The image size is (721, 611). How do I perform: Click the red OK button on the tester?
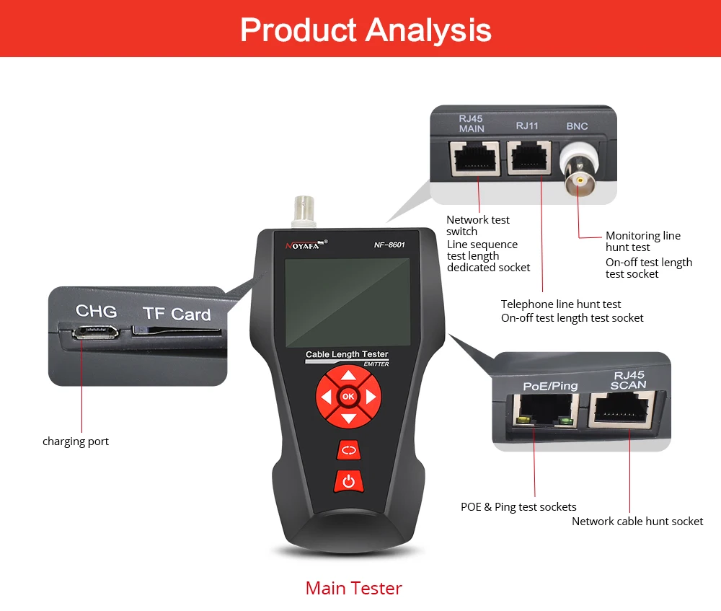[x=348, y=396]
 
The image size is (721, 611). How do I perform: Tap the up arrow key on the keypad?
[x=348, y=376]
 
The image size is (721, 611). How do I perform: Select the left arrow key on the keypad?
[x=326, y=397]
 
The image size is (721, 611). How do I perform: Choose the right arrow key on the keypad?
[x=371, y=397]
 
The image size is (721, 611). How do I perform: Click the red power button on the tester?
[x=348, y=481]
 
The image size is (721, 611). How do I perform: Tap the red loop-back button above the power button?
[x=349, y=450]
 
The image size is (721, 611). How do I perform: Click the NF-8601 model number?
[x=389, y=245]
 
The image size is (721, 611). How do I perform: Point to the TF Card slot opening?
[x=176, y=331]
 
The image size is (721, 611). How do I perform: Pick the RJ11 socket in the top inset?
[x=528, y=158]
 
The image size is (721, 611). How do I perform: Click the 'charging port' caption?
[x=76, y=441]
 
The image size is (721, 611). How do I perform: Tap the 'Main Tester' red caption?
[x=353, y=588]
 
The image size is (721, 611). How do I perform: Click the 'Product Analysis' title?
[x=366, y=30]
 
